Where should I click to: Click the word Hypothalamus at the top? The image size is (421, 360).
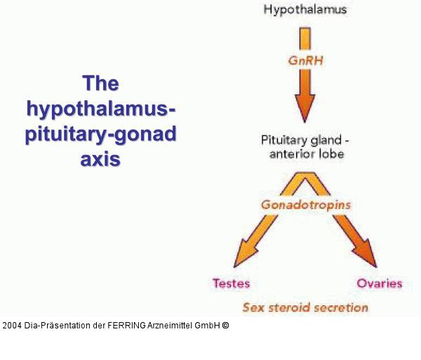coord(305,10)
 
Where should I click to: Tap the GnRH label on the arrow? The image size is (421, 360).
coord(306,60)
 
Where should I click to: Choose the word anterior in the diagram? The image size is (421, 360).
coord(294,154)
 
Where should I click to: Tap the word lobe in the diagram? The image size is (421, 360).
coord(333,154)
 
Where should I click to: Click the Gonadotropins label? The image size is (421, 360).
coord(305,206)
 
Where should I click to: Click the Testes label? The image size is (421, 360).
coord(231,284)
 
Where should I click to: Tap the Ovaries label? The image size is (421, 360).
coord(379,284)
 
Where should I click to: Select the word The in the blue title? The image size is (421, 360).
coord(100,85)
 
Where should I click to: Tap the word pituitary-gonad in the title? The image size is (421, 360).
coord(100,135)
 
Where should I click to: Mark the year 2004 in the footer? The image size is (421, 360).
coord(12,326)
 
